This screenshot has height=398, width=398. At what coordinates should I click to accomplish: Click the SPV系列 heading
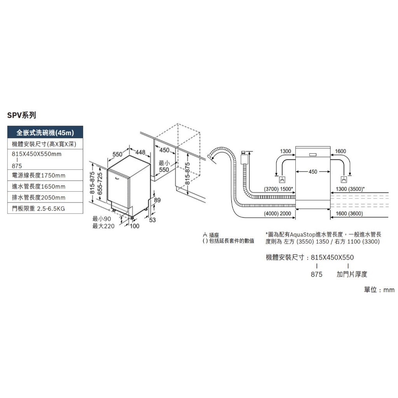(22, 115)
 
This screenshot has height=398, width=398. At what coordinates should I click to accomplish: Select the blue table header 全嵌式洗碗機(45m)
(45, 133)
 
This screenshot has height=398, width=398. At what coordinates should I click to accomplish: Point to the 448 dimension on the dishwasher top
(140, 152)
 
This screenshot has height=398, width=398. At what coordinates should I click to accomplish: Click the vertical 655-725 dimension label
(100, 183)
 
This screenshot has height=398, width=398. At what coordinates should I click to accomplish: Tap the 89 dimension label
(157, 200)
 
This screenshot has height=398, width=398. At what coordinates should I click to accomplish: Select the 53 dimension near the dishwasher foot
(152, 220)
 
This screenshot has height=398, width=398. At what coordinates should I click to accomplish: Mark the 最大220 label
(103, 226)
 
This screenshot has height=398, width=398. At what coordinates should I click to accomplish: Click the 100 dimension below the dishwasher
(134, 226)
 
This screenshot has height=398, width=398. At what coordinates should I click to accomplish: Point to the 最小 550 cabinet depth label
(164, 166)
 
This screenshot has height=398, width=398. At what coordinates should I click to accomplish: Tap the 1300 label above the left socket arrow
(285, 151)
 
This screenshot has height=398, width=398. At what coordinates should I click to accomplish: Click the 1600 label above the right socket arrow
(340, 151)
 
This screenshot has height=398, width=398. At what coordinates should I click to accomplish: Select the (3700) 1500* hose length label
(278, 189)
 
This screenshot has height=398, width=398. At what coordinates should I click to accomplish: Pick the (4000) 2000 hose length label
(278, 213)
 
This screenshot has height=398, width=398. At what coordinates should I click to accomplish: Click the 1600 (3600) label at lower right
(349, 213)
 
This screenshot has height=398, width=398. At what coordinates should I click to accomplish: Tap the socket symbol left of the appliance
(282, 180)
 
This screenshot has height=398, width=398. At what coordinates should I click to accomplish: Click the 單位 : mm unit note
(379, 290)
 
